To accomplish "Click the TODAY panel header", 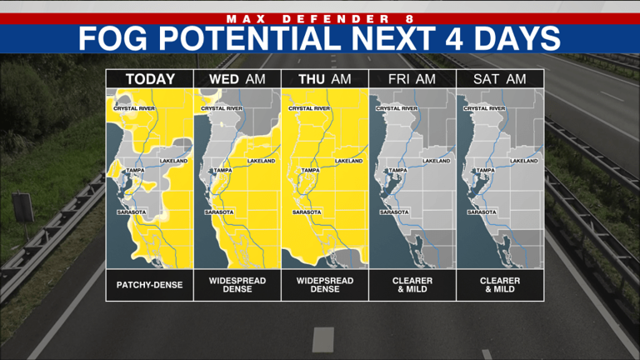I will coord(150,79).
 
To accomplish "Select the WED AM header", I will coord(237,79).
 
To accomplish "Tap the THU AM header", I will coord(324,79).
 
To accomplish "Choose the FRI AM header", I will coord(412,79).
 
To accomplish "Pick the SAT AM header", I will coord(499,79).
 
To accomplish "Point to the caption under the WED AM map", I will coord(237,285).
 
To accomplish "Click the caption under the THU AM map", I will coord(324,285).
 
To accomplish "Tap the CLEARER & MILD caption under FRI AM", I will coord(412,285).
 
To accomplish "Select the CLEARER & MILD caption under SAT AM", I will coord(499,285).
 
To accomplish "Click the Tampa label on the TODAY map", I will coord(135,171).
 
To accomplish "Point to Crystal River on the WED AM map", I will coord(222,108).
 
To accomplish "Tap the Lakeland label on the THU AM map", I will coord(348,161).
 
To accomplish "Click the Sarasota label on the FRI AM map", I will coord(394,212).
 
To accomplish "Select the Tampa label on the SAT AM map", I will coord(485,171).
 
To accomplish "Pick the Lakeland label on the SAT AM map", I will coord(523,161).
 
